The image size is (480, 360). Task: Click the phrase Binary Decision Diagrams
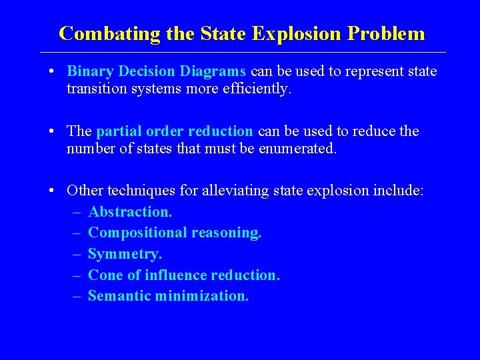tap(157, 71)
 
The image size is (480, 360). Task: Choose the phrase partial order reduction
tap(175, 131)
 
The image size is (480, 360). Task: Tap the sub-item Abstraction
tap(130, 212)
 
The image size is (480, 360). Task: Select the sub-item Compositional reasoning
tap(175, 233)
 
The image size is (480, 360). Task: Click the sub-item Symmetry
tap(125, 254)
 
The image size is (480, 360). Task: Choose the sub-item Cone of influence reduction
tap(183, 275)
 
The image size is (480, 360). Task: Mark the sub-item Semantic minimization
tap(168, 296)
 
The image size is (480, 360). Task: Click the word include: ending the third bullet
tap(399, 191)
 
